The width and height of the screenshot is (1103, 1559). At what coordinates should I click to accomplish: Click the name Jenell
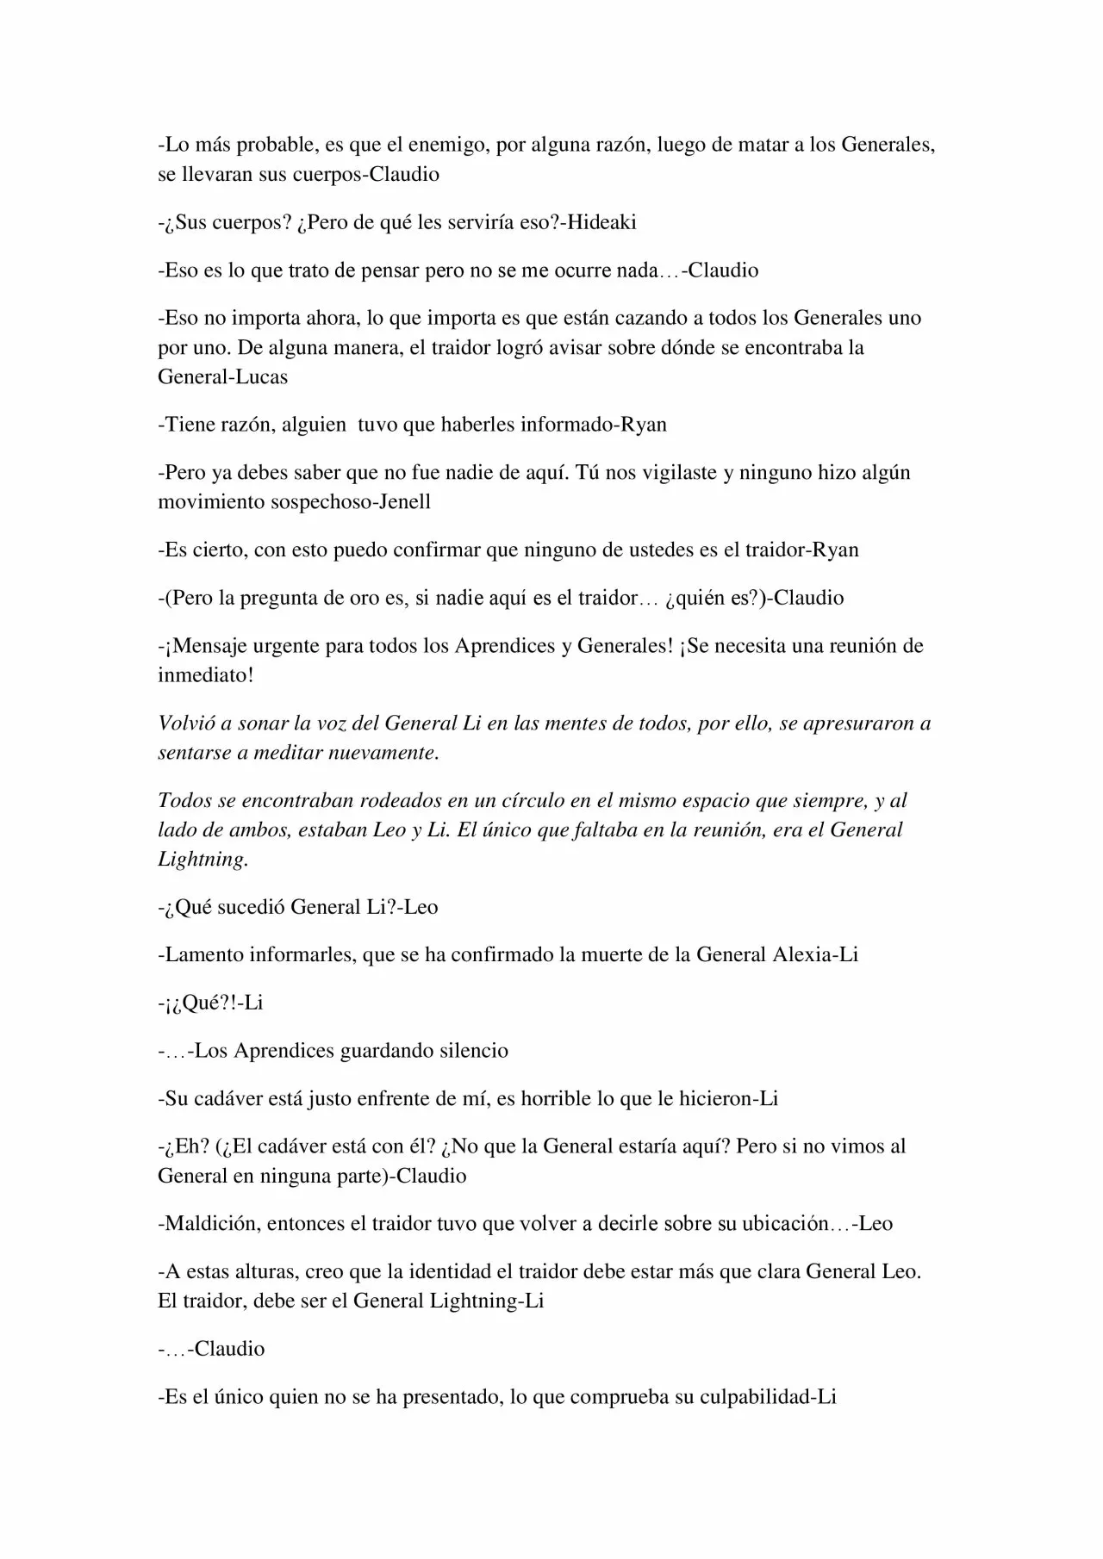coord(405,501)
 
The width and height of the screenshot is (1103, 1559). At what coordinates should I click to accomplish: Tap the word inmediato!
coord(206,674)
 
